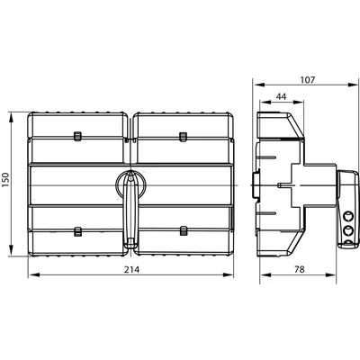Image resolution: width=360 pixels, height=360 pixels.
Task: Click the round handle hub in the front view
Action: click(x=131, y=184)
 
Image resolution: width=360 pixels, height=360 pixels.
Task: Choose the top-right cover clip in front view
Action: click(x=184, y=136)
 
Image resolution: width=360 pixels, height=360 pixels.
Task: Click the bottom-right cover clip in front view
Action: click(x=184, y=231)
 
